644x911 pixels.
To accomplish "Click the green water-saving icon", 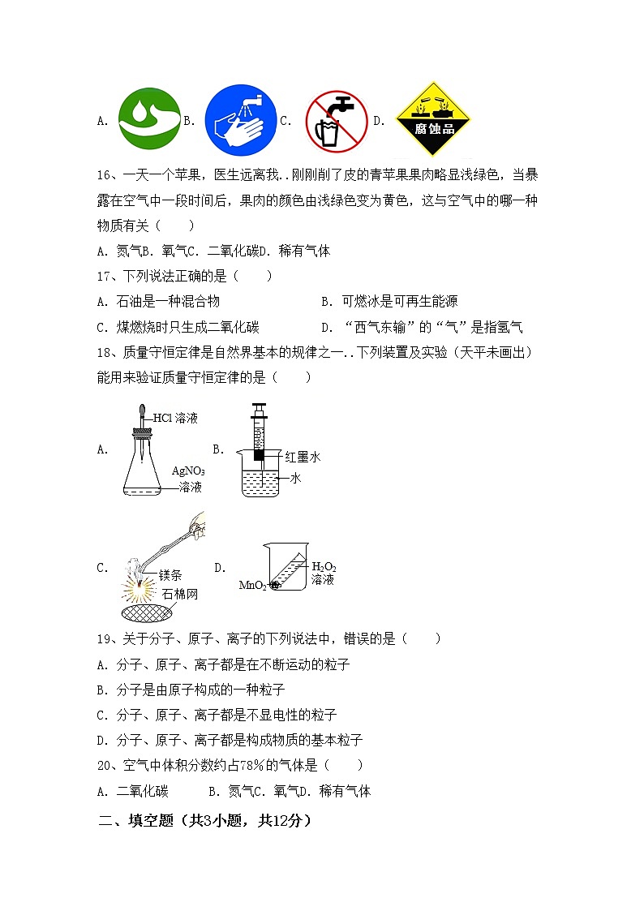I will pos(150,121).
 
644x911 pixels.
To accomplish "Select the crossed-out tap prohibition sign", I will pos(337,122).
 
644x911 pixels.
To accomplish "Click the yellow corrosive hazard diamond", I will pos(434,120).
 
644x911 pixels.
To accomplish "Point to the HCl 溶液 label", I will pos(175,419).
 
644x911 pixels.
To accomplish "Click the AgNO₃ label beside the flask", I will pos(188,471).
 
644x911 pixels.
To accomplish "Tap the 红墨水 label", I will pos(303,458).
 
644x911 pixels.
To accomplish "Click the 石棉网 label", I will pos(179,595).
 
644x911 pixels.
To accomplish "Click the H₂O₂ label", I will pos(324,566).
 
